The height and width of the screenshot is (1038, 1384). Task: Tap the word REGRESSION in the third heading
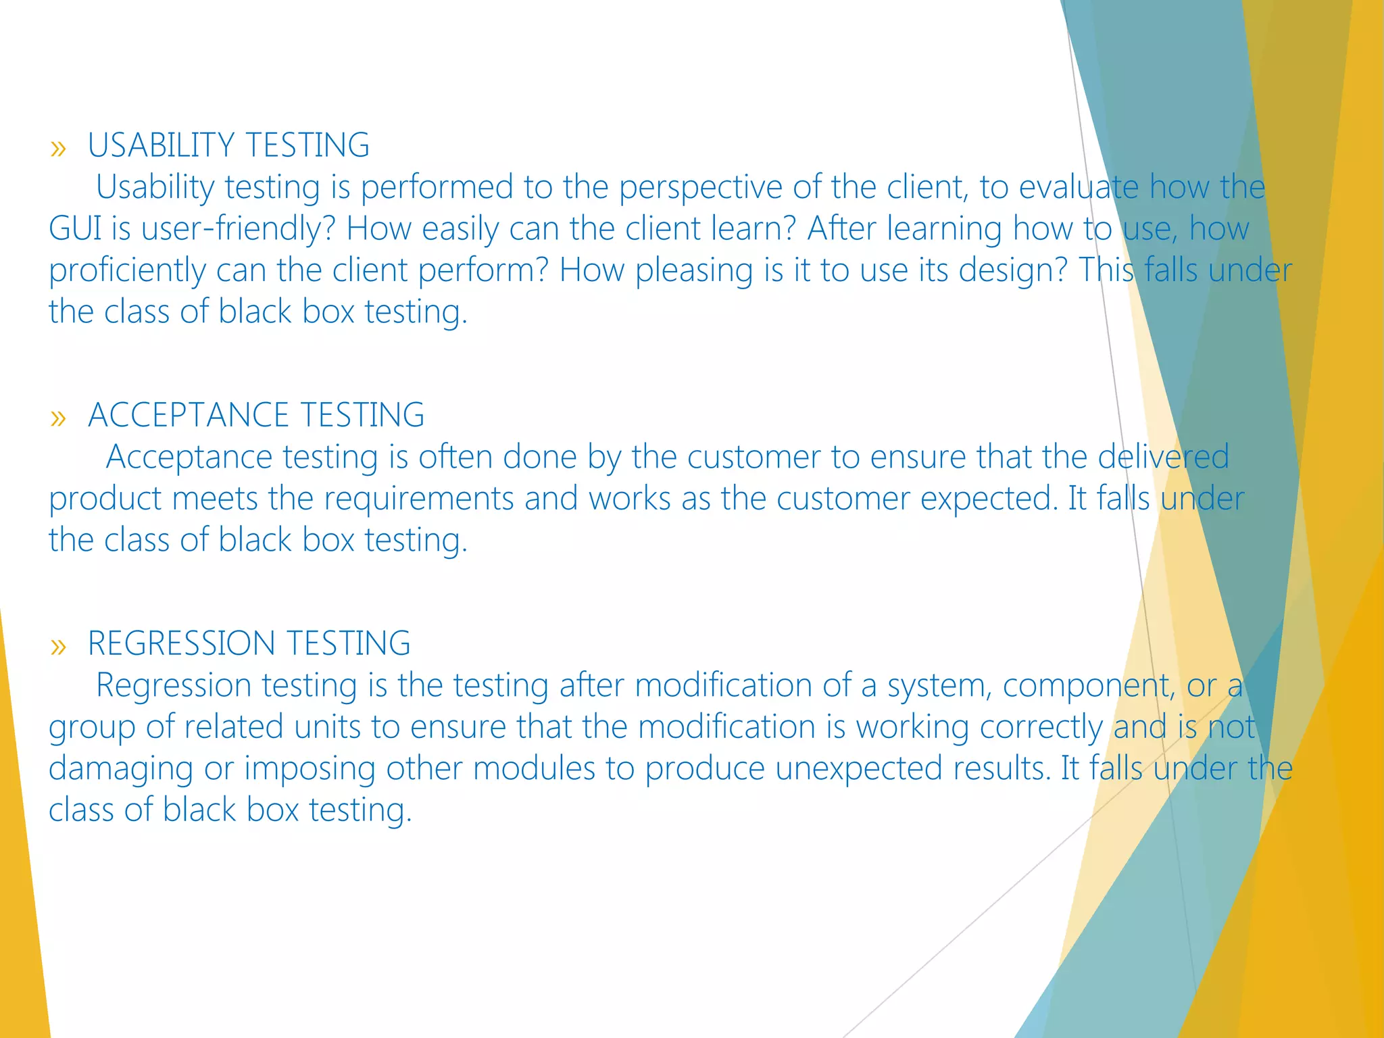click(181, 643)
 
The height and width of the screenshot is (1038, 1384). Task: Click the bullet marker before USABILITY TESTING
click(58, 148)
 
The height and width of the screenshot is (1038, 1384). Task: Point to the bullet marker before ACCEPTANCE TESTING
click(58, 418)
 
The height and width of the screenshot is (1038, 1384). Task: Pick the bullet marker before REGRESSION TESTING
click(58, 646)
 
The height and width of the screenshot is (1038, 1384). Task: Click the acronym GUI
click(74, 228)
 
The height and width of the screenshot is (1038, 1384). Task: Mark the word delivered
click(1163, 457)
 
